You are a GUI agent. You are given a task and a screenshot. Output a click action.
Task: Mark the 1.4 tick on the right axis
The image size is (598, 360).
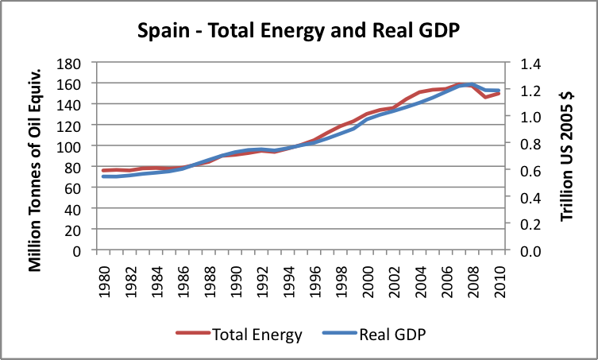[530, 63]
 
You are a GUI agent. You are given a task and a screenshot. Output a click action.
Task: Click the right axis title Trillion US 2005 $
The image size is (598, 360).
[566, 156]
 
